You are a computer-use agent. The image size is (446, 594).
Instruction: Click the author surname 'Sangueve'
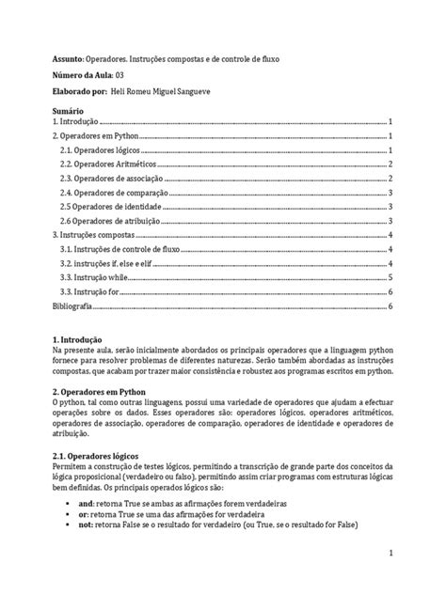(x=205, y=94)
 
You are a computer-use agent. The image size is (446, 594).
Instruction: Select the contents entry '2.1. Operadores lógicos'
(x=95, y=150)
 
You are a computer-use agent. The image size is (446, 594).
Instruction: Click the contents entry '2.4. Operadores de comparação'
(x=107, y=193)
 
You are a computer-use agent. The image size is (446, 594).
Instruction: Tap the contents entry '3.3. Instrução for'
(x=89, y=292)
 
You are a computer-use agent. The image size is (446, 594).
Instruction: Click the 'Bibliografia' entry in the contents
(x=72, y=306)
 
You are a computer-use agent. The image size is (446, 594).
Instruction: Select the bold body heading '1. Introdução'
(x=76, y=339)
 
